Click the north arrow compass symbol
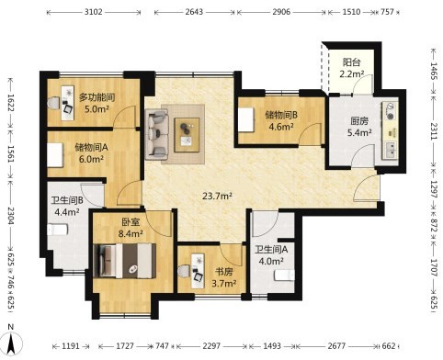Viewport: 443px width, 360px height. pos(11,343)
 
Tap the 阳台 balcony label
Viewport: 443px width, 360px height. pos(351,62)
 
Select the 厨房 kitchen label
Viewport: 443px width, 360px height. pos(359,121)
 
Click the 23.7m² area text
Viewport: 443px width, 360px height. pos(217,196)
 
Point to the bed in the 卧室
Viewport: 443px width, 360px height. pos(124,261)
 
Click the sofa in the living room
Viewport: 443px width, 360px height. pos(157,134)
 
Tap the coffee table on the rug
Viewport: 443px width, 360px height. pos(187,135)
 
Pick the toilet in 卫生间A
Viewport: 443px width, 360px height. pos(284,276)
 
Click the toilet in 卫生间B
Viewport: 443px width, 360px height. pos(57,230)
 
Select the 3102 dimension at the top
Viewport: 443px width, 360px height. pos(94,12)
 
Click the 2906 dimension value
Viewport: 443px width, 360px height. pos(281,12)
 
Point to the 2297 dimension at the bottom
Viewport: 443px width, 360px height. pos(211,346)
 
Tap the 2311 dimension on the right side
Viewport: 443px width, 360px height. pos(434,131)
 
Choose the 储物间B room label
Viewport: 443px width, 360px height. pos(281,115)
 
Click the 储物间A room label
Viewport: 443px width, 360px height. pos(91,148)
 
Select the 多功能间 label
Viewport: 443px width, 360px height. pos(97,97)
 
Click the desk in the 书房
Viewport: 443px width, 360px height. pos(198,271)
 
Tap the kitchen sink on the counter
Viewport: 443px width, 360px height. pos(390,150)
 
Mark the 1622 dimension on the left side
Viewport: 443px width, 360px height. pos(11,103)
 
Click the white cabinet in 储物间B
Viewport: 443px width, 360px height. pos(246,119)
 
